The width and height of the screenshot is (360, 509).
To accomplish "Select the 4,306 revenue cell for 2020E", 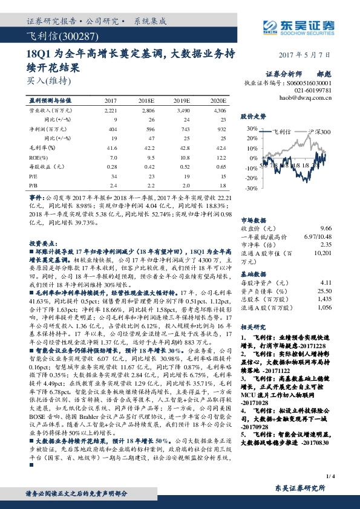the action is tap(219, 111).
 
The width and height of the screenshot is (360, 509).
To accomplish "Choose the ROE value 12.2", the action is tap(220, 156).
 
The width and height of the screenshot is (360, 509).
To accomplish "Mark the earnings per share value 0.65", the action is tap(221, 165).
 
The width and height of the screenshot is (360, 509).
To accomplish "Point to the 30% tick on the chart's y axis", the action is tap(252, 129).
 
